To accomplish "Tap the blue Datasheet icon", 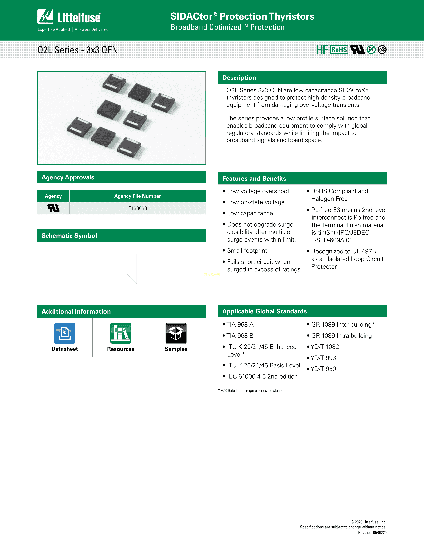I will (65, 333).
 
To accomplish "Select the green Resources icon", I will (121, 333).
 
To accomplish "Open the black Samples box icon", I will (176, 333).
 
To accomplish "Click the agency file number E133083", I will (137, 208).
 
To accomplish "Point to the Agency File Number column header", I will (137, 196).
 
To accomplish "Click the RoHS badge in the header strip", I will (339, 50).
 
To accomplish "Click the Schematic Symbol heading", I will (69, 236).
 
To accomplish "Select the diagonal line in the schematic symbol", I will (122, 269).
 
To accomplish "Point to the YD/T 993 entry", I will (323, 358).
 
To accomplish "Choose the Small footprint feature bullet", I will (247, 251).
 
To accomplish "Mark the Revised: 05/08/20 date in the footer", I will (372, 533).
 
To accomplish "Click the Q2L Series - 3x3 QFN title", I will (78, 50).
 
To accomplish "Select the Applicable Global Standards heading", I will (265, 311).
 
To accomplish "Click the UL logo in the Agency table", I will (53, 208).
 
